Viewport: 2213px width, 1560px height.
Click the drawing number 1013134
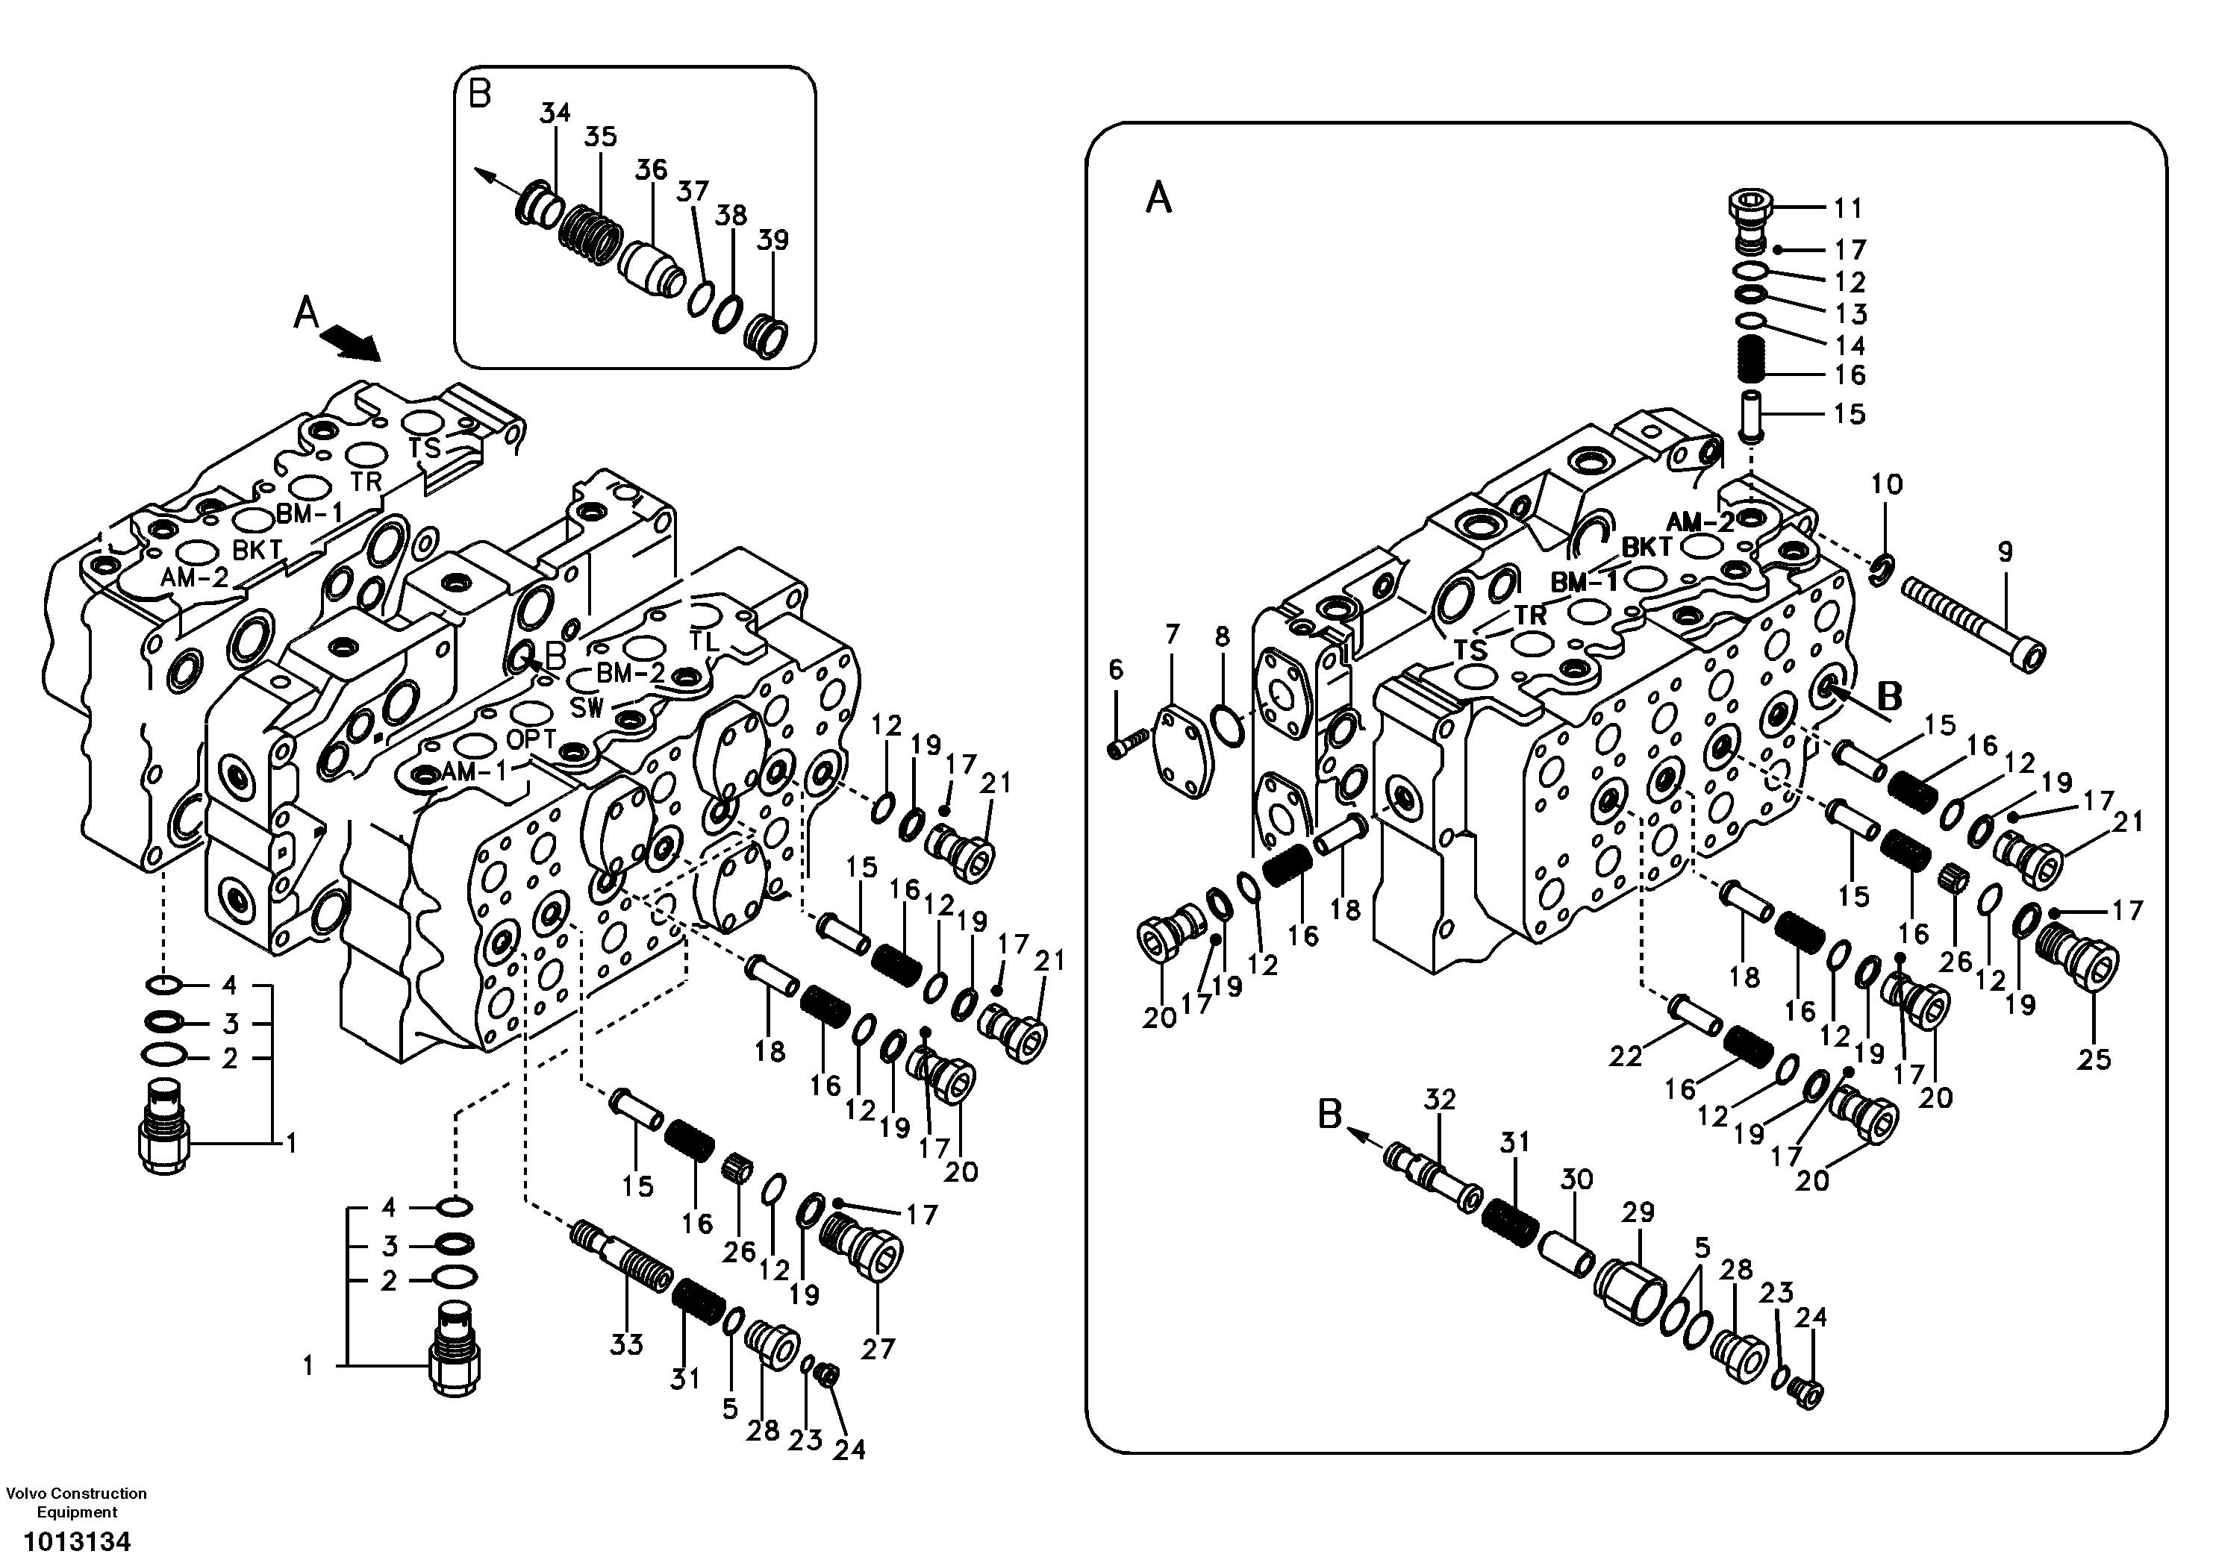tap(77, 1541)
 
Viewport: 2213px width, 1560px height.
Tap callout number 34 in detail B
tap(555, 113)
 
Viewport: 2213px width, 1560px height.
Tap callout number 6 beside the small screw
tap(1115, 670)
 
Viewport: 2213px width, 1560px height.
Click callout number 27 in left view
tap(878, 1349)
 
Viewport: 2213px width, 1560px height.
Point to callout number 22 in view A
tap(1625, 1057)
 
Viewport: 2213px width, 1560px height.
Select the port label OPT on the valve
tap(531, 739)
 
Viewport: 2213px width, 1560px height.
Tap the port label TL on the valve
tap(704, 640)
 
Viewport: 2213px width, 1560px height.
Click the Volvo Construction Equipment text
tap(76, 1503)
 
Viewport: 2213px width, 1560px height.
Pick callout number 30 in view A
tap(1577, 1180)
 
